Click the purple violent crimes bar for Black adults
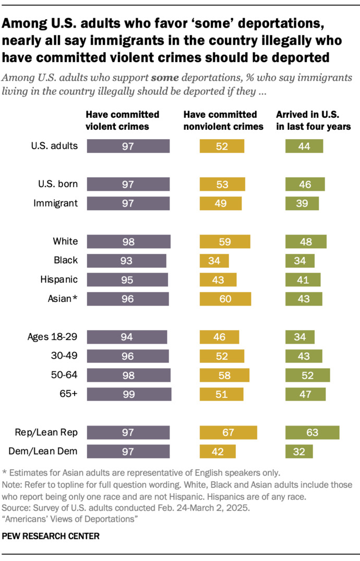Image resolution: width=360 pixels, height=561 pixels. pos(127,261)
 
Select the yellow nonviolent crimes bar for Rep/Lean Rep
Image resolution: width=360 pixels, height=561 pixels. pos(229,432)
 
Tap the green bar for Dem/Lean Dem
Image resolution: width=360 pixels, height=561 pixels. pos(299,452)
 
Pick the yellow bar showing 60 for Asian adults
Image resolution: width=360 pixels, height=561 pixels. pos(225,299)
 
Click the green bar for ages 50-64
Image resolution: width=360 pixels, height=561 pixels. pos(308,375)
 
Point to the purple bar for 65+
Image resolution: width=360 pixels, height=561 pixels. pos(129,394)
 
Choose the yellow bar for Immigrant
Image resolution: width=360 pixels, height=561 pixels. pos(221,203)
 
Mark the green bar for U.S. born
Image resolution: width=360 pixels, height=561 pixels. pos(305,184)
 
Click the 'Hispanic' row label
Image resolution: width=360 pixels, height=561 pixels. pos(59,279)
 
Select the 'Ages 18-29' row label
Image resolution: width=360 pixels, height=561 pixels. pos(52,337)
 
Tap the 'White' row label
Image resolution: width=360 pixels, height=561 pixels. pos(66,241)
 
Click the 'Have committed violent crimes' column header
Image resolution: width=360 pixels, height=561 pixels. pos(123,120)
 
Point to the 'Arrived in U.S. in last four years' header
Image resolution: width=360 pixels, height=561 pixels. pos(314,120)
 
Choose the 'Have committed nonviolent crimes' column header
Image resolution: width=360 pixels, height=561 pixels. pos(223,120)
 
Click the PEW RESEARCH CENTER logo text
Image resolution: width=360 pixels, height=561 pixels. pos(51,536)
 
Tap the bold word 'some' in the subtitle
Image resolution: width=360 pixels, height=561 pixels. pos(165,78)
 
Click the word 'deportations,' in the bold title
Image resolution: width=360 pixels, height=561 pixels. pos(281,23)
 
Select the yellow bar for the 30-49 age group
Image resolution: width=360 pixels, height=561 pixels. pos(222,356)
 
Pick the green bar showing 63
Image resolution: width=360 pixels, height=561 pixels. pos(313,432)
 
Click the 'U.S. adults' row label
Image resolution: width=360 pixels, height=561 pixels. pos(54,146)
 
